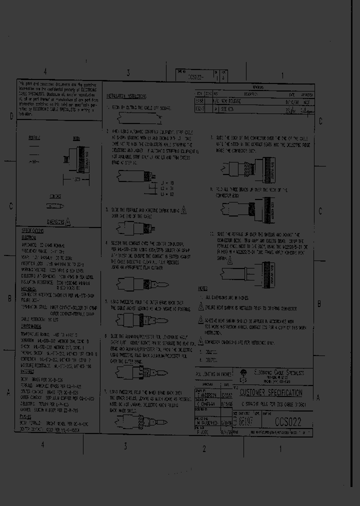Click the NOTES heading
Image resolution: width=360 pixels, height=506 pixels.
(202, 289)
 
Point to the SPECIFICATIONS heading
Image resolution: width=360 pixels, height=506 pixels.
(33, 231)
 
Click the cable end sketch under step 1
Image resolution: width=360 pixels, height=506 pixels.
(135, 119)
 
